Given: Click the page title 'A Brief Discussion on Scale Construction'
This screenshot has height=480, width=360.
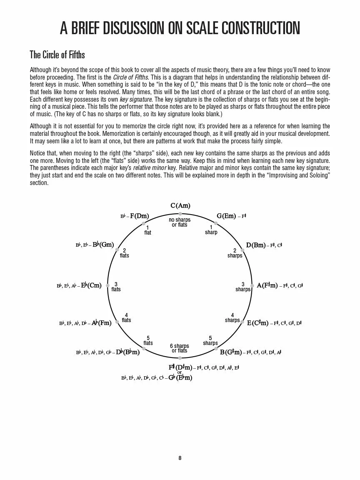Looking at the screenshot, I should [180, 28].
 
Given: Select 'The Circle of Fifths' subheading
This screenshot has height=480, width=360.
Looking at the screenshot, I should [57, 55].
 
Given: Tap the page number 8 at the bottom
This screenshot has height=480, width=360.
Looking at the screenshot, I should [180, 458].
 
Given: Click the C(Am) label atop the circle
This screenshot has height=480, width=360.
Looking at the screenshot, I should [180, 205].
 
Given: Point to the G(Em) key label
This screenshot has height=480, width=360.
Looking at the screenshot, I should [226, 216].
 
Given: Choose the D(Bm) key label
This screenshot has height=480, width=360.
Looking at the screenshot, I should [255, 245].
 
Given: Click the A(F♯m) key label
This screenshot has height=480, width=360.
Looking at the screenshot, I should [267, 285].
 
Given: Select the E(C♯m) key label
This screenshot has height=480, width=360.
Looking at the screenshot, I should [257, 323].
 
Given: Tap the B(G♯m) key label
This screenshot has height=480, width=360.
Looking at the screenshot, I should [231, 352].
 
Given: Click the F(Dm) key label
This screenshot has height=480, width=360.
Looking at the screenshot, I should [139, 216].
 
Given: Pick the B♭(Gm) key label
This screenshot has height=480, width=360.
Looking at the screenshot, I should [103, 245].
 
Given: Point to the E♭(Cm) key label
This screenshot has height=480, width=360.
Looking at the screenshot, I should [91, 285].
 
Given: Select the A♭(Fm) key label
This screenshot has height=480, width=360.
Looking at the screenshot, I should [101, 323].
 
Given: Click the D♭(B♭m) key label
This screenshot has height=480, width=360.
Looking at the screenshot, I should [127, 352].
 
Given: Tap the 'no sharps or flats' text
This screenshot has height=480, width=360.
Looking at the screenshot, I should [180, 222].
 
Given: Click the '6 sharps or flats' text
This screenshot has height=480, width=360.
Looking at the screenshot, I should [180, 348].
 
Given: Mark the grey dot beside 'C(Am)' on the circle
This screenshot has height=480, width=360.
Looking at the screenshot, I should [180, 214].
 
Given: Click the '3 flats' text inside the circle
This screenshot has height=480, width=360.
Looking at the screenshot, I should [116, 287].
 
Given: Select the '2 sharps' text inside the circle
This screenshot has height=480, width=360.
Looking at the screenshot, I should [235, 253].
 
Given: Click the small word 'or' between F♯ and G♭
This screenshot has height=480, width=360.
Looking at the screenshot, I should [180, 372].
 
